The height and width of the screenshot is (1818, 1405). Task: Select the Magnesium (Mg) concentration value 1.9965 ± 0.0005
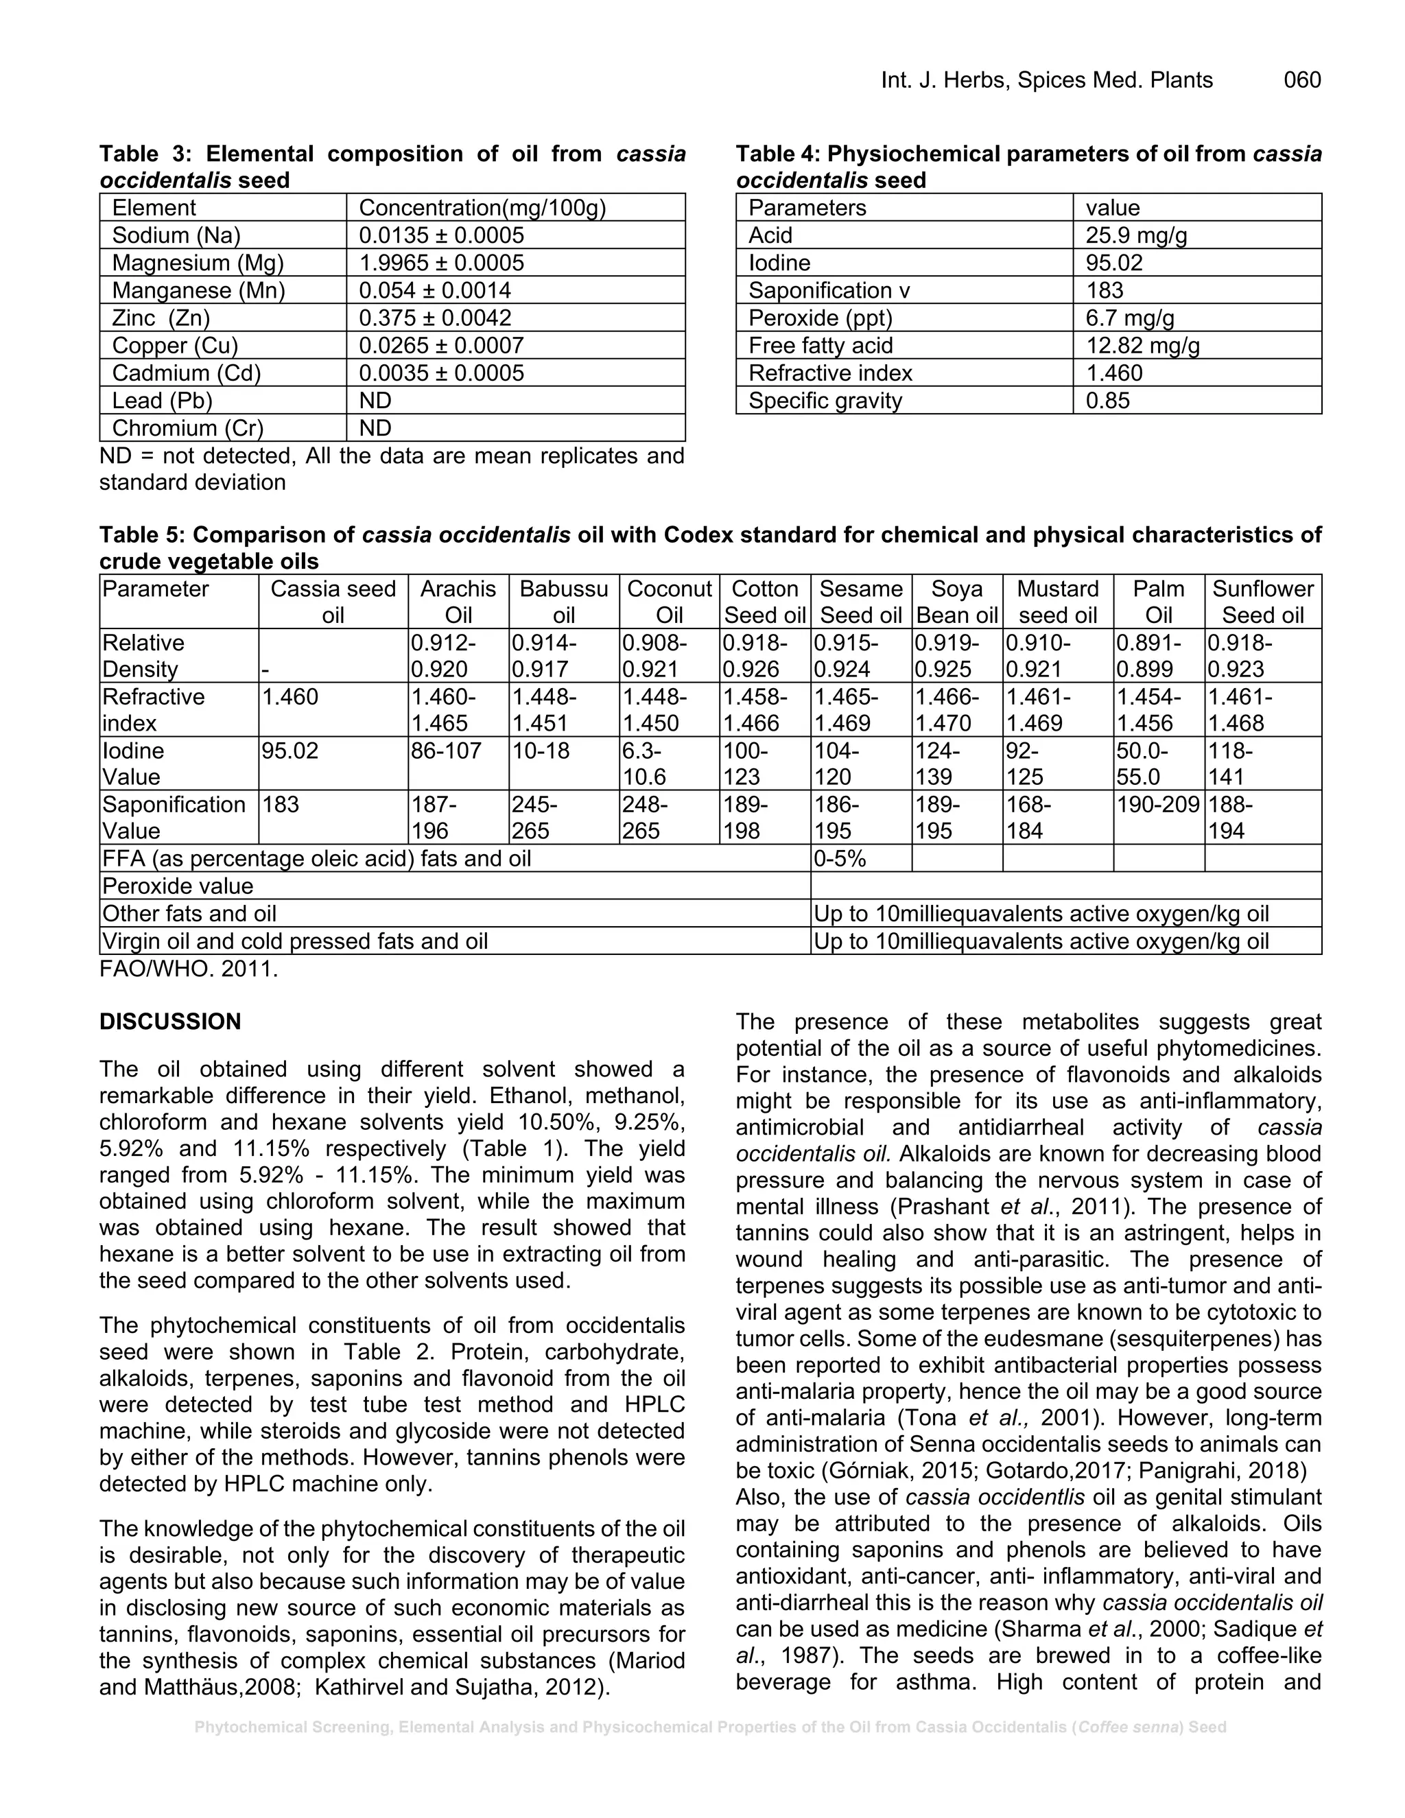[x=441, y=263]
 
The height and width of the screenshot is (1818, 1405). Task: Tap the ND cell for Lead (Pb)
[x=375, y=401]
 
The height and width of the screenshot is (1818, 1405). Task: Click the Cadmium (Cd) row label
[x=187, y=373]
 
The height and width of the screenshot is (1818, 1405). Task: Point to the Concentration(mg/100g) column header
[x=482, y=208]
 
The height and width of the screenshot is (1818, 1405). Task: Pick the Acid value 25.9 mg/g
[x=1136, y=235]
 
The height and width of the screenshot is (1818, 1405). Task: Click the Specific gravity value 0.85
[x=1108, y=401]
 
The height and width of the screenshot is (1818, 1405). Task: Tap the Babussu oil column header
[x=563, y=602]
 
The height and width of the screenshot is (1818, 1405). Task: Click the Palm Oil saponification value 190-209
[x=1158, y=804]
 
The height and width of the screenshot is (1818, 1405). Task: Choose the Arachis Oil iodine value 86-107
[x=446, y=751]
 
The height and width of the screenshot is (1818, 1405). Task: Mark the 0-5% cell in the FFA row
[x=840, y=858]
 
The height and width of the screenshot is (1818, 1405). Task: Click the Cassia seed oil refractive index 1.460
[x=290, y=697]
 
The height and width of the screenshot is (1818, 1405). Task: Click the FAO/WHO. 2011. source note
[x=188, y=969]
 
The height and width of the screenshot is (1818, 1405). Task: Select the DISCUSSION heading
[x=170, y=1022]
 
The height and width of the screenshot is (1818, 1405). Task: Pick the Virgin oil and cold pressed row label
[x=294, y=941]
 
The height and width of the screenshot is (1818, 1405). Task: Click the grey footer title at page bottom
[x=710, y=1727]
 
